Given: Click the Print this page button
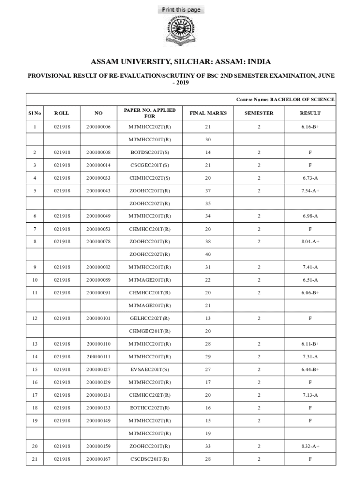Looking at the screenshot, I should pos(181,10).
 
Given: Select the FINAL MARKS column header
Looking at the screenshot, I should pos(208,113).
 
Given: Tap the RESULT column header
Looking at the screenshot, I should pos(310,113).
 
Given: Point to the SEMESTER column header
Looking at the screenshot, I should pos(259,113).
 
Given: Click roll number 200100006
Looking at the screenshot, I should pos(98,127).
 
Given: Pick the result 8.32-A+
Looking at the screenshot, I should pos(310,446).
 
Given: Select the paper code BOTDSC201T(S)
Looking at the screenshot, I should pos(150,152).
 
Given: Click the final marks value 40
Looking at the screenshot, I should pos(208,254).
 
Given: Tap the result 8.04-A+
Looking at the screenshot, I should pos(310,242).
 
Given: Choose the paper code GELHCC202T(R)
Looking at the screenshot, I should pos(150,319).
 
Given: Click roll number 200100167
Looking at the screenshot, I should pos(98,459).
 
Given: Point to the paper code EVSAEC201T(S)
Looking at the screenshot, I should pos(150,370).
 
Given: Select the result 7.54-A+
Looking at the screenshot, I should pos(310,191).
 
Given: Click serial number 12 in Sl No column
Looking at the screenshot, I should pos(35,319).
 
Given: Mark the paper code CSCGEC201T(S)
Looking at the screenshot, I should pos(150,165).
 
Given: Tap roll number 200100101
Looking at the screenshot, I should pos(98,319).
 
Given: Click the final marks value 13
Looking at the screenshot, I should pos(208,319).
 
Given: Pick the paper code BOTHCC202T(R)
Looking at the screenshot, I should pos(150,408).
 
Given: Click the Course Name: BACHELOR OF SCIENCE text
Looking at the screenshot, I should pos(285,100).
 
